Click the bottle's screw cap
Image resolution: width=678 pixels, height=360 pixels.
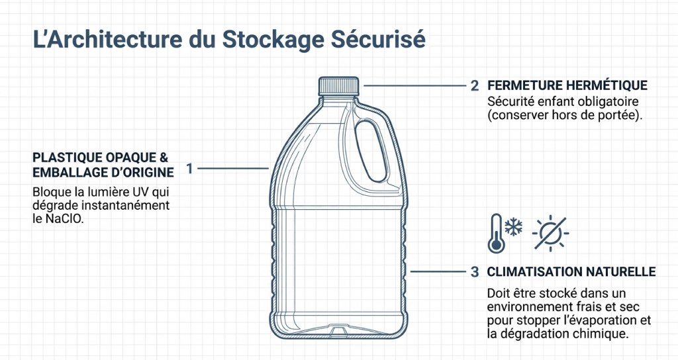point(338,86)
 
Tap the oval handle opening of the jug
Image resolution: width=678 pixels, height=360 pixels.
point(371,151)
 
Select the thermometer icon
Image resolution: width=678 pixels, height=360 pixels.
point(497,234)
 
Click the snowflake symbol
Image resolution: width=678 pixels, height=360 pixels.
point(514,227)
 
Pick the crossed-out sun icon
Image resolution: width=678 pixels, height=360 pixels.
point(550,234)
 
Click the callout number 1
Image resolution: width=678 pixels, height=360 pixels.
point(189,169)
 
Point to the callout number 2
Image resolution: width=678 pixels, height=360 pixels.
point(474,85)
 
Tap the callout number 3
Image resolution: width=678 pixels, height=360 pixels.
point(474,272)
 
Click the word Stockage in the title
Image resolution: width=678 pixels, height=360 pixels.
point(273,39)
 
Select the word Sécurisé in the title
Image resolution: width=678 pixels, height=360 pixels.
point(378,38)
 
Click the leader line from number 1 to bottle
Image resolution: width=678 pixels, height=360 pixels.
point(233,168)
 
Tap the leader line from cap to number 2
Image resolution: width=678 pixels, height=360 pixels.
point(414,85)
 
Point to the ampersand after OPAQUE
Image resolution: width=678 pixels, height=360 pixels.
point(164,157)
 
